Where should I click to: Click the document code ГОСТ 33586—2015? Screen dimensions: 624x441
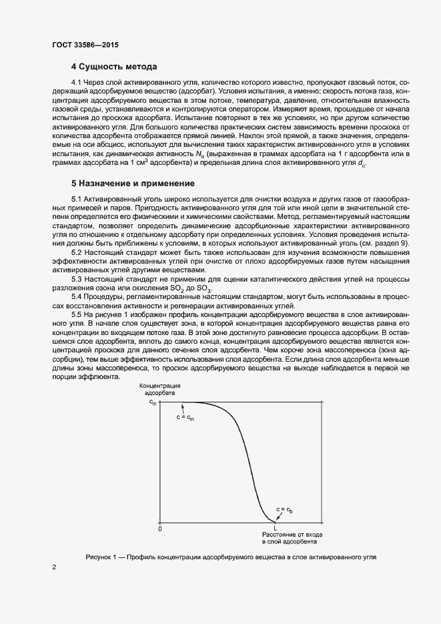pos(85,45)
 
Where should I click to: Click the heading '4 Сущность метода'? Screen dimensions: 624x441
pos(114,67)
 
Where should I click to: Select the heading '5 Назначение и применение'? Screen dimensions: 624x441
pos(133,183)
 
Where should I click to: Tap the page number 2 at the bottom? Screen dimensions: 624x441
pos(54,567)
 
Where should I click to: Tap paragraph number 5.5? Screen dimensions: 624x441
pos(77,314)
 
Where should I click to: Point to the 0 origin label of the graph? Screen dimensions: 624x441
pos(160,529)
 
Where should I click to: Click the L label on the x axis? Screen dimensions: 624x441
pos(276,529)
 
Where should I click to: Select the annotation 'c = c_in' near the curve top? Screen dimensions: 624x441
pos(185,417)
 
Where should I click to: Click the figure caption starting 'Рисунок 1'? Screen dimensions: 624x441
pos(231,557)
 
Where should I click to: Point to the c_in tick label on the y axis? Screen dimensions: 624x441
pos(153,402)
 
